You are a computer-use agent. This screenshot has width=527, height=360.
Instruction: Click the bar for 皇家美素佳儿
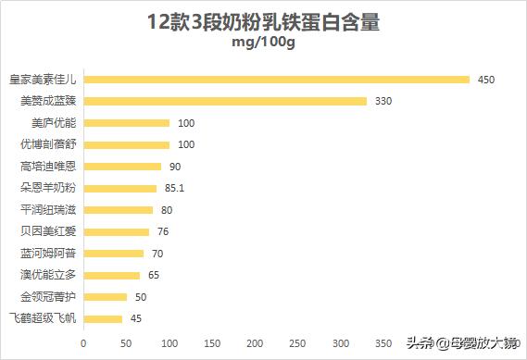coord(276,80)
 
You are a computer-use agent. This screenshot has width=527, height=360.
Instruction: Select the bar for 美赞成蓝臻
coord(225,101)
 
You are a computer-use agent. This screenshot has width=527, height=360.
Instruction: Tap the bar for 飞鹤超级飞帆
coord(103,319)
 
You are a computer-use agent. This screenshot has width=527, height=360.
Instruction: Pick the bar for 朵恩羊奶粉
coord(119,188)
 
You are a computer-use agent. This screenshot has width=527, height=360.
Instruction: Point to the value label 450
coord(486,80)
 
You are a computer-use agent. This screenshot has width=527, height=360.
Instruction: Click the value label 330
coord(384,101)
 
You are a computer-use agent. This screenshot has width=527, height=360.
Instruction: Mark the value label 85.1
coord(175,188)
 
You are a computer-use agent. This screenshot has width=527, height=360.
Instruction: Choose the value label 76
coord(163,231)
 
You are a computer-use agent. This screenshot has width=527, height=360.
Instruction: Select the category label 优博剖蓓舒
coord(48,144)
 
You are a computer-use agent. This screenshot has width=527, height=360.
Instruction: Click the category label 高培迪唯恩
coord(48,167)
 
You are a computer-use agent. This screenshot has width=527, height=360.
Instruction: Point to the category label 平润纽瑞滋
coord(48,210)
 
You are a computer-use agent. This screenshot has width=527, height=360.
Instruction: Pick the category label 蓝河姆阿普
coord(48,254)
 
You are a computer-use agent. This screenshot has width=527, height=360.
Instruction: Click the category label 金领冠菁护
coord(48,297)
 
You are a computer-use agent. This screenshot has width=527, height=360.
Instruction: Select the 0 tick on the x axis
coord(83,342)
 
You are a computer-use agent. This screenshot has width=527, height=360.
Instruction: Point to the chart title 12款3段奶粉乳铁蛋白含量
coord(263,23)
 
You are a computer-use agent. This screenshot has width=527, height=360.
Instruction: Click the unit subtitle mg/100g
coord(263,44)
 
